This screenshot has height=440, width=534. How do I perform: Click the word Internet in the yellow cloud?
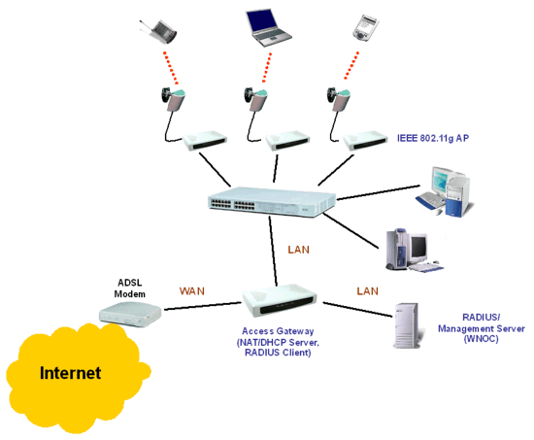[x=70, y=373]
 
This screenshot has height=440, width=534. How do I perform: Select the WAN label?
[x=192, y=291]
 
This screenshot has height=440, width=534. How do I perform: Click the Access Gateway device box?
[x=279, y=301]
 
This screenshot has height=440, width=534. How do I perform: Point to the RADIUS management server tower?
[x=407, y=325]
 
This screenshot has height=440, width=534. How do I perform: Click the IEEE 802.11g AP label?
[x=433, y=138]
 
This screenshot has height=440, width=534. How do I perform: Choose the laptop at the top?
[x=268, y=27]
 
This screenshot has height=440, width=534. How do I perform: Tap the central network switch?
[x=272, y=202]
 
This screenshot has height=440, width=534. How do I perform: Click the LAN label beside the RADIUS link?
[x=367, y=291]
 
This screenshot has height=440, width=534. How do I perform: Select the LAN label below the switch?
[x=299, y=250]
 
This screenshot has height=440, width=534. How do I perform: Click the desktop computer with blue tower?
[x=445, y=191]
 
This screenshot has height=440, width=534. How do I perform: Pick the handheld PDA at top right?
[x=365, y=28]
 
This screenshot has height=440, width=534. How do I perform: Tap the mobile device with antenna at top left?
[x=159, y=31]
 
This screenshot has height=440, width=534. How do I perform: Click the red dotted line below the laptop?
[x=267, y=67]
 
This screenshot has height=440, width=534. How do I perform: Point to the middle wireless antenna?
[x=255, y=99]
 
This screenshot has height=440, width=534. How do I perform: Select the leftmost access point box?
[x=205, y=141]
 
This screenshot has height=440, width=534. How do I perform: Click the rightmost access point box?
[x=365, y=141]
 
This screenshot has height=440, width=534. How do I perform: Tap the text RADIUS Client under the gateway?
[x=278, y=353]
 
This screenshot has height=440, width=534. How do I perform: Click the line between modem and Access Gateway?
[x=203, y=306]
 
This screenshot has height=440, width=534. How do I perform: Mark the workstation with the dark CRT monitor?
[x=412, y=250]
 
